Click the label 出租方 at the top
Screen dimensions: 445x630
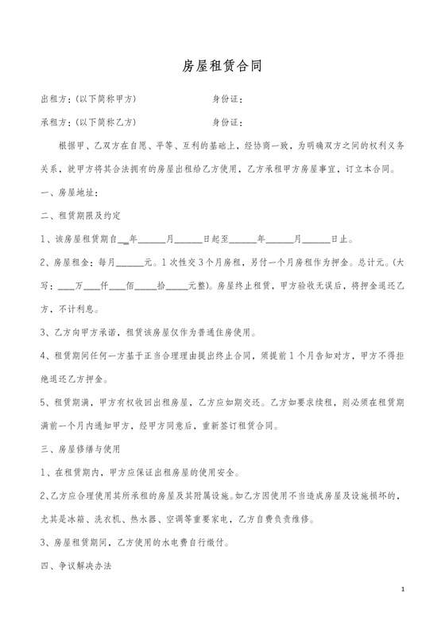[53, 99]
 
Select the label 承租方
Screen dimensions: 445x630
[53, 122]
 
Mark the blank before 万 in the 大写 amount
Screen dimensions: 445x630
[67, 285]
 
